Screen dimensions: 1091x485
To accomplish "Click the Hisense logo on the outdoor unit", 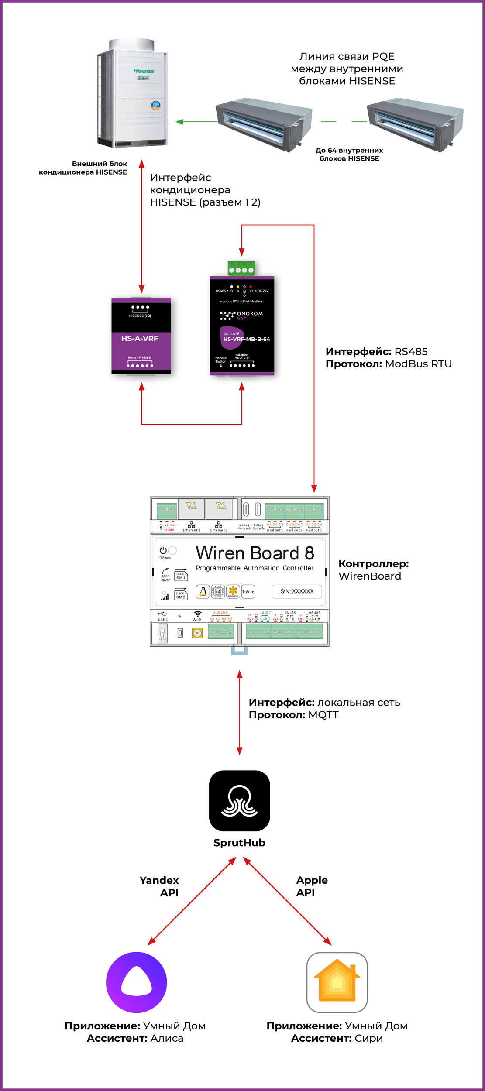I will (x=144, y=71).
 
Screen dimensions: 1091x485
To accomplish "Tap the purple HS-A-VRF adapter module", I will (x=141, y=336).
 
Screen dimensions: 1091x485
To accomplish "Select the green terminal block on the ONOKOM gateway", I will (x=241, y=269).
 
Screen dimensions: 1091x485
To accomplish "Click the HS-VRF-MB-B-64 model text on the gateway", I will (x=247, y=339).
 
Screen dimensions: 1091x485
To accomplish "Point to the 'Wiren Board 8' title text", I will (x=255, y=553).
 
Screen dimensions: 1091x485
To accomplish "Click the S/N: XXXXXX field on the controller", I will (x=297, y=591).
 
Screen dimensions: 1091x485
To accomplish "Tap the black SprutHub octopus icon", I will (x=239, y=801).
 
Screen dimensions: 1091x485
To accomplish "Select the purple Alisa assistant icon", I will (x=137, y=982).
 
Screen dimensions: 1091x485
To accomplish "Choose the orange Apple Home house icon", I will (x=337, y=982).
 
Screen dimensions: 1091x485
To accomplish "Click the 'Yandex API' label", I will (x=160, y=886).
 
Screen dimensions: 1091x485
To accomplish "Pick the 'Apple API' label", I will (x=312, y=886).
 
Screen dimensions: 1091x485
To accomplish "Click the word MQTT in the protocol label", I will (x=323, y=715).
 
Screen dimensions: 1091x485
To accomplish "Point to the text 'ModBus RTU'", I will (x=418, y=364).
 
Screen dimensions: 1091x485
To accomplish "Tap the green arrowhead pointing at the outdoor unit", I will (x=179, y=122).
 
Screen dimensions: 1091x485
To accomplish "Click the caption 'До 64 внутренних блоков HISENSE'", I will (x=349, y=154).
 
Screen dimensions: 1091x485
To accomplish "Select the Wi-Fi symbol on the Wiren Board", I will (x=198, y=614).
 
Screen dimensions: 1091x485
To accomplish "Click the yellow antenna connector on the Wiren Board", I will (x=197, y=633).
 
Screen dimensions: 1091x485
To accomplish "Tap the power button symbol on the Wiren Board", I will (x=163, y=551).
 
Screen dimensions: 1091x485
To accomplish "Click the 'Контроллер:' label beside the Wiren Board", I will (x=374, y=564).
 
